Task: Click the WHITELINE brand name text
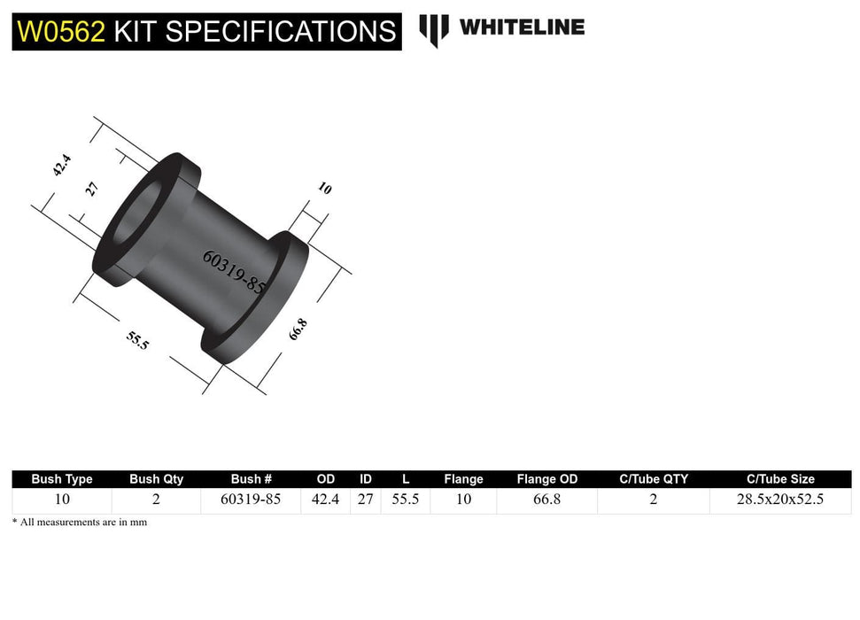(522, 27)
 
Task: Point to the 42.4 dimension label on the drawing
(61, 166)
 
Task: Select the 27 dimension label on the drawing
(92, 189)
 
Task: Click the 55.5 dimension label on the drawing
(138, 339)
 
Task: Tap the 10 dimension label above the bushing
(324, 189)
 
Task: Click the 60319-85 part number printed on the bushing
(234, 272)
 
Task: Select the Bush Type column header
(62, 479)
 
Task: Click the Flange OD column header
(546, 479)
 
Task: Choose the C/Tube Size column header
(779, 479)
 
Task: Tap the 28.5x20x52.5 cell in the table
(779, 500)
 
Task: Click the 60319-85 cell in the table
(252, 500)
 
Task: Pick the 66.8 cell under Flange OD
(546, 500)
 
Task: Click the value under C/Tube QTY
(653, 500)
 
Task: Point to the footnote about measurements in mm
(80, 523)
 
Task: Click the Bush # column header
(252, 479)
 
